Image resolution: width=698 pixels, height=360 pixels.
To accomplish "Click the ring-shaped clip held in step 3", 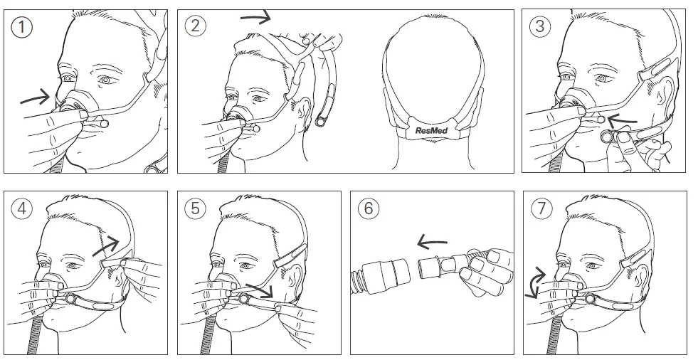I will (x=609, y=137).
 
